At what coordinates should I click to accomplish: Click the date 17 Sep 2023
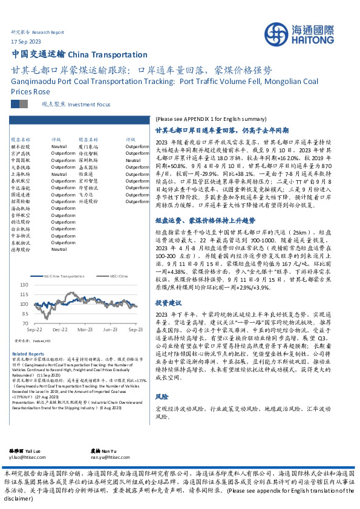(27, 41)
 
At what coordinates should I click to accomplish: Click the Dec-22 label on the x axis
(60, 331)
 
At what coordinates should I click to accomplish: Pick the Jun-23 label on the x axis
(110, 331)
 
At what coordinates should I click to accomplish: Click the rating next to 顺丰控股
(59, 146)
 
